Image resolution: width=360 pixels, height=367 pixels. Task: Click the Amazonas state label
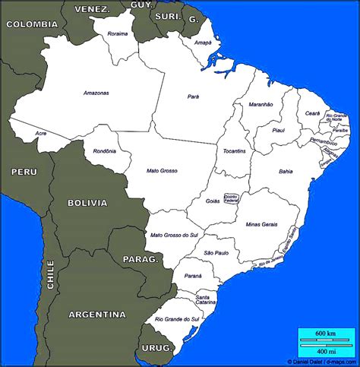pyautogui.click(x=96, y=93)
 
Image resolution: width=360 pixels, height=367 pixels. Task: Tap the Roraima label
pyautogui.click(x=118, y=34)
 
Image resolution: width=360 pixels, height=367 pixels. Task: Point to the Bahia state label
pyautogui.click(x=286, y=172)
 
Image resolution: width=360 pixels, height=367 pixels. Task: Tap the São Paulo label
pyautogui.click(x=216, y=252)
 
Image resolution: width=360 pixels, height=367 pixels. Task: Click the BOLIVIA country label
pyautogui.click(x=87, y=203)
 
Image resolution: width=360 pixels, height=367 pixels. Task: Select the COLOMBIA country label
pyautogui.click(x=32, y=24)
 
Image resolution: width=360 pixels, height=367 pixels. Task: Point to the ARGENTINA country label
pyautogui.click(x=97, y=314)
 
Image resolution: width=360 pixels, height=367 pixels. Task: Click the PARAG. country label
pyautogui.click(x=141, y=260)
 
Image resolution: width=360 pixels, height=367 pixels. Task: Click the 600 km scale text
pyautogui.click(x=326, y=334)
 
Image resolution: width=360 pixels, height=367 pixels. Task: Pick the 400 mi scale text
pyautogui.click(x=326, y=351)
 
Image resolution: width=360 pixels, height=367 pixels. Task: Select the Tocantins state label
pyautogui.click(x=234, y=151)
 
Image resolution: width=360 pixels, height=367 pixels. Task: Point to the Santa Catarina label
pyautogui.click(x=206, y=299)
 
